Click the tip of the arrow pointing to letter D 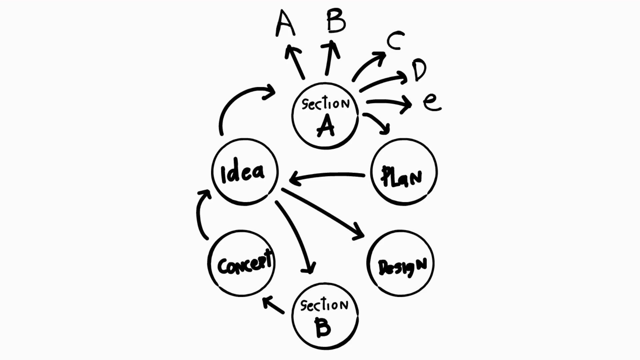(407, 79)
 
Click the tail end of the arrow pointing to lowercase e (367, 102)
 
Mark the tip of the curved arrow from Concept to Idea (209, 191)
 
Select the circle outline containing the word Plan (404, 172)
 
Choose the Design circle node (401, 263)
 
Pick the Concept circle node (241, 263)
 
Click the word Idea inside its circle (243, 173)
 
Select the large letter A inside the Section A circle (326, 125)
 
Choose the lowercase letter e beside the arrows (432, 102)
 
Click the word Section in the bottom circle (324, 306)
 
